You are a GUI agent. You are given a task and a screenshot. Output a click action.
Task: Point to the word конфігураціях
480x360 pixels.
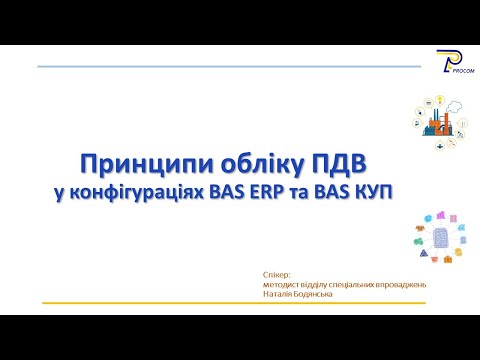pos(140,189)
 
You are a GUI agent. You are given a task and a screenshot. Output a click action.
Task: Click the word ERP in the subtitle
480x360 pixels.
pos(266,189)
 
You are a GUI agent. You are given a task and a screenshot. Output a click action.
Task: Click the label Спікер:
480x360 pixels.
pos(274,274)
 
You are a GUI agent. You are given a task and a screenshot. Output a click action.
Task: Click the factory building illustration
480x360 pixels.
pos(437,123)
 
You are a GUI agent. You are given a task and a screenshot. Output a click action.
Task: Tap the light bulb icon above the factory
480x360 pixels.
pos(437,100)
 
